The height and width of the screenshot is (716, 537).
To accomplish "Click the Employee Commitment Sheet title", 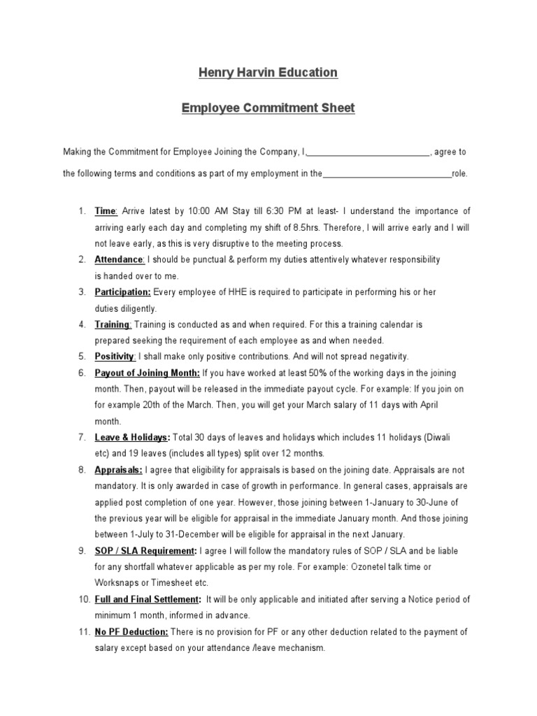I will pos(268,108).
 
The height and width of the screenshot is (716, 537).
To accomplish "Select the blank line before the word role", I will pos(387,174).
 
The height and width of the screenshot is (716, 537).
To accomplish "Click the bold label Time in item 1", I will pos(106,211).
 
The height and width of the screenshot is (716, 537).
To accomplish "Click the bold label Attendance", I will pos(119,259).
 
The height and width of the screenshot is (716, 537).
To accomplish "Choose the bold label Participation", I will pos(122,292).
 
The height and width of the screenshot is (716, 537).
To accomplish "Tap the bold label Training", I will pos(113,324).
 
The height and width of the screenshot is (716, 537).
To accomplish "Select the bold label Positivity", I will pos(115,357).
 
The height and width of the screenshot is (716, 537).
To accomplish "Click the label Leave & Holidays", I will pos(132,438).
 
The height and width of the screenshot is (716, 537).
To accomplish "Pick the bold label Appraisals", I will pos(119,470).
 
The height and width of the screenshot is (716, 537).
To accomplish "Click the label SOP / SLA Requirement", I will pos(145,551).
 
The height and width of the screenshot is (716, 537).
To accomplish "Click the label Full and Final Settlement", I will pos(148,599).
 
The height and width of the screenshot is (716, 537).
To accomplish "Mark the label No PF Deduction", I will pos(131,632).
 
